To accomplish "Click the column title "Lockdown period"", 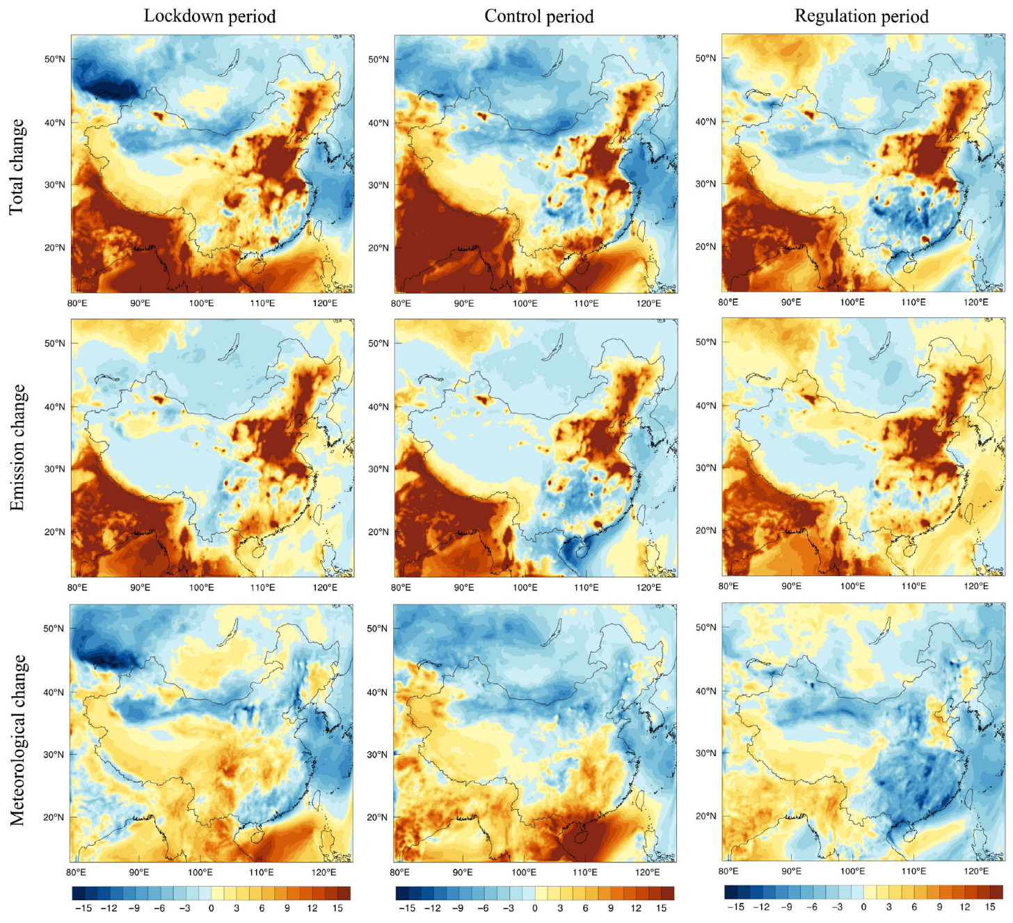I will pos(209,16).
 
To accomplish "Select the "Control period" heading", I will pos(539,16).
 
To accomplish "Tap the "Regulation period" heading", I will pos(861,16).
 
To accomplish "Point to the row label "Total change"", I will pos(17,167).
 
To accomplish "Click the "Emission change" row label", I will pos(17,448).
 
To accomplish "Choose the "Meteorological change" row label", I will pos(17,740).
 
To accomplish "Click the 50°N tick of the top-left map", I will pos(55,59).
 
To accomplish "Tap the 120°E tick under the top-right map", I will pos(975,302).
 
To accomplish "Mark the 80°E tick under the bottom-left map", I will pos(77,872).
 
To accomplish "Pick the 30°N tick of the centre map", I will pos(378,469).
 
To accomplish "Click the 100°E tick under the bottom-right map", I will pos(852,872).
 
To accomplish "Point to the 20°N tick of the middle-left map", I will pos(55,532).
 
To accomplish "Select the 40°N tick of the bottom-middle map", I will pos(378,693).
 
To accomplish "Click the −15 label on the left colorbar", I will pos(83,908).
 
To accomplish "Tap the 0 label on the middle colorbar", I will pos(534,908).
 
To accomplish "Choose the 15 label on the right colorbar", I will pos(990,907).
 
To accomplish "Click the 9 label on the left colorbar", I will pos(287,908).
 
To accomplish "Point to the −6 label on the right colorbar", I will pos(812,907).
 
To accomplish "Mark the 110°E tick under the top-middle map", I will pos(586,303).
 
